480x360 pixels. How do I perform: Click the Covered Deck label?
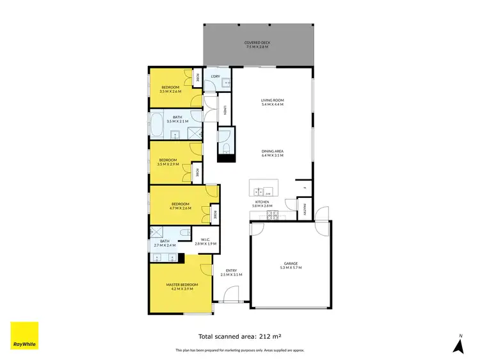pos(257,45)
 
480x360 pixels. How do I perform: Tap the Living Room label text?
pos(272,102)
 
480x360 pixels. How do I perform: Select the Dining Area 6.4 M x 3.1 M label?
pos(273,154)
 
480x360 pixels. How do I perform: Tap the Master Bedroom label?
pos(182,286)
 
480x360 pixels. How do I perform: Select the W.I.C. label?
pos(206,242)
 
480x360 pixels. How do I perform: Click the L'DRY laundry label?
pos(216,77)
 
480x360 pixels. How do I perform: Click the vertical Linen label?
pos(225,110)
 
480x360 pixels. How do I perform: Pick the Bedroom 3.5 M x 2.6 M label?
pos(170,89)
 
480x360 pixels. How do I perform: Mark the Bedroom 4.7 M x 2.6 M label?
pos(180,206)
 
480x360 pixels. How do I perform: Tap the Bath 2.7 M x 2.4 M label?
pos(164,243)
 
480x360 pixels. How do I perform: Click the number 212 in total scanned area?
pos(262,336)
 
